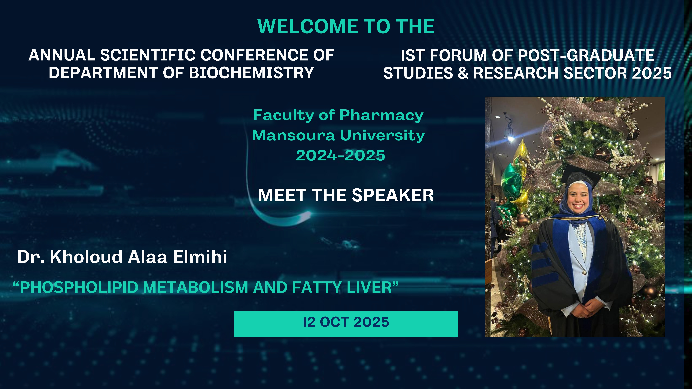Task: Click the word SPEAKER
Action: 393,195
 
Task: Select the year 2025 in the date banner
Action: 371,322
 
